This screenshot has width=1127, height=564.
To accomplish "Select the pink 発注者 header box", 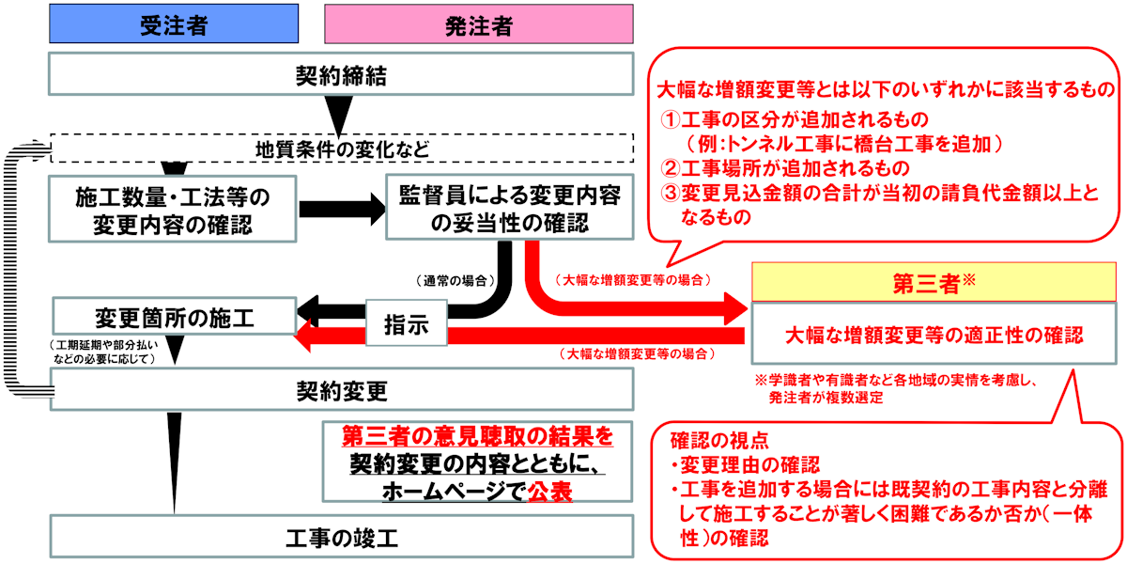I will (478, 25).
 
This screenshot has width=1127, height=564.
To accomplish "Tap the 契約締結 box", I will (340, 74).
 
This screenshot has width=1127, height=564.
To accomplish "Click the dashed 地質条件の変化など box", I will (340, 148).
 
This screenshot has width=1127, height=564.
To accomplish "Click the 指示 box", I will (406, 324).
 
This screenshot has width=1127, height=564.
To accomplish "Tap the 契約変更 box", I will (340, 389).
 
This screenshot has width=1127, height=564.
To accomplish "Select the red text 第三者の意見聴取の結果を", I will (477, 436).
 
